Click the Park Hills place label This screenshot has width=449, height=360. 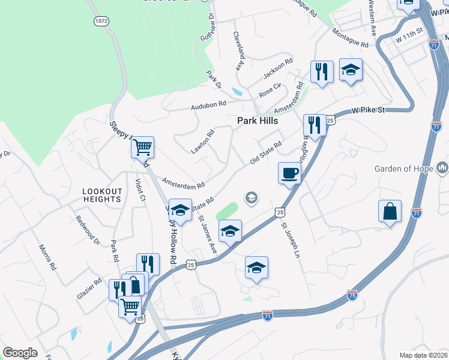(256, 121)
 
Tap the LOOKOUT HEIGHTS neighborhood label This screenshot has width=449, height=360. (102, 195)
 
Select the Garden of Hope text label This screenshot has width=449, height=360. (403, 169)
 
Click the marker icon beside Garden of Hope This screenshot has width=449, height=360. (442, 167)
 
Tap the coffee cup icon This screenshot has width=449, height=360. (289, 173)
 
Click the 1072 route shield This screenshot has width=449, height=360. (101, 21)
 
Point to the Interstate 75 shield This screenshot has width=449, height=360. (352, 295)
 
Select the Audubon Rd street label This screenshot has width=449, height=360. (208, 105)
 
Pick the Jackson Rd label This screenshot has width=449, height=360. (278, 70)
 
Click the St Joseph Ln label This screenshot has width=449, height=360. (290, 241)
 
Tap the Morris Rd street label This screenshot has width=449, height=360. (47, 257)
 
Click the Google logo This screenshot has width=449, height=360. (20, 353)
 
